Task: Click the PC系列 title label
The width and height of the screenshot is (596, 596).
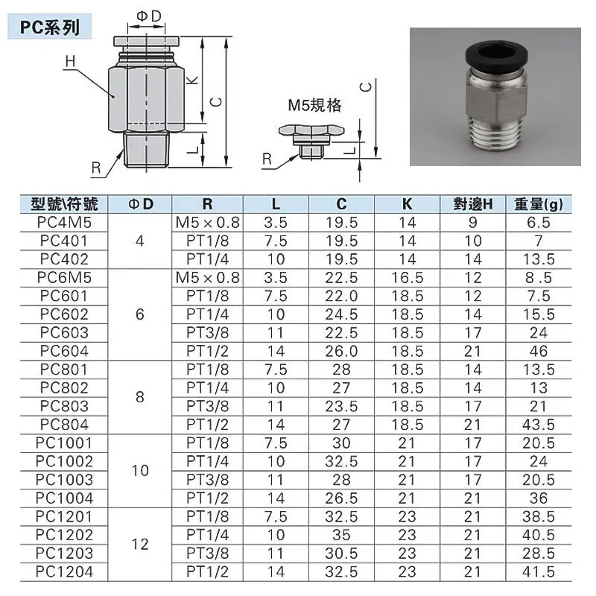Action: pos(50,27)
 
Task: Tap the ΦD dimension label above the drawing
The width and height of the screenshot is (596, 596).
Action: pos(149,16)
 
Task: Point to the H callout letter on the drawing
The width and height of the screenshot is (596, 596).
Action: pos(70,62)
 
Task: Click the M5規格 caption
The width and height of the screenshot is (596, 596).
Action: pos(314,105)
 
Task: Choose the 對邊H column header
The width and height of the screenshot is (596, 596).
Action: pos(473,204)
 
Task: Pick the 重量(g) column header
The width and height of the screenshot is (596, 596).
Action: pos(538,204)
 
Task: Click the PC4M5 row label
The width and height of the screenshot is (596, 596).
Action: pos(64,223)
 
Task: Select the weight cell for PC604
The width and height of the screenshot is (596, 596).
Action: pos(538,351)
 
